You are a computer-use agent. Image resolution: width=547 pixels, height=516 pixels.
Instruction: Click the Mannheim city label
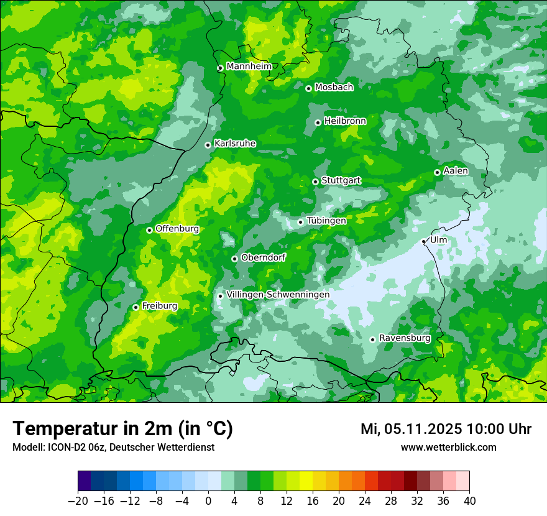(249, 67)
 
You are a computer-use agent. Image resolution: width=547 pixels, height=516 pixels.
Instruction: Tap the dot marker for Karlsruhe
(208, 145)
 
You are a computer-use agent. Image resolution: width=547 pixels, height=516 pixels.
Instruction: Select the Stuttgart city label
(341, 181)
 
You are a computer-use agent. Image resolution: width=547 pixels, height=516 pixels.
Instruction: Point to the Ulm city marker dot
(424, 241)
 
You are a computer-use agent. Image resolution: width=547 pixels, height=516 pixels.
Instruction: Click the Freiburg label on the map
(159, 306)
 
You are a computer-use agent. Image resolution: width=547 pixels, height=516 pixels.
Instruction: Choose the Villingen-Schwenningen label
(278, 295)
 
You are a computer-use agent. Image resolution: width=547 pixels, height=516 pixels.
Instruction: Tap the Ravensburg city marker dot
(372, 339)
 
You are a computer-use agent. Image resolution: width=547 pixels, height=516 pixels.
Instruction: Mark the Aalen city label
(456, 171)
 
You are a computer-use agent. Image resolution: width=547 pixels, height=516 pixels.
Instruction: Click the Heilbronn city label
(345, 121)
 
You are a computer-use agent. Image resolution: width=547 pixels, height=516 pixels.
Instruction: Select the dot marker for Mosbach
(308, 88)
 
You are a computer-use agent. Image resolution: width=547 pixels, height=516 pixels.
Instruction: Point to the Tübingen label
(326, 221)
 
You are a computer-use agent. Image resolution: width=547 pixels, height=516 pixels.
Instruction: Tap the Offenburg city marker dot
(149, 230)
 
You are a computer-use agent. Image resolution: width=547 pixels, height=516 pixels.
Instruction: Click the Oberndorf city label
(263, 257)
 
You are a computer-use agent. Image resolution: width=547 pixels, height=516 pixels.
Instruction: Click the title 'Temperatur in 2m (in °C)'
(122, 429)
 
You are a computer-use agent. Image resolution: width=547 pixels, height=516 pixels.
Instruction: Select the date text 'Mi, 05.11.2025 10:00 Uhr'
(446, 429)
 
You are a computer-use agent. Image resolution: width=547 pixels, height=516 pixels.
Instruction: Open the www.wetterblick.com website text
(448, 447)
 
